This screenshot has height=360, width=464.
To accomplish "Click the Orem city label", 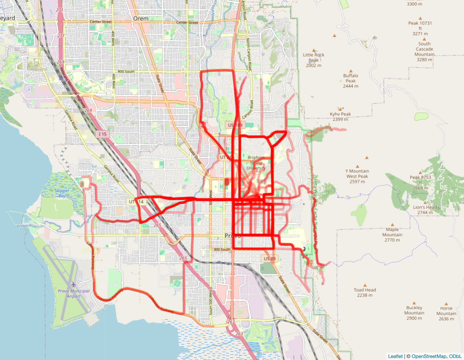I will coord(141,18).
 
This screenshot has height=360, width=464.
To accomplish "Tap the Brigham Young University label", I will coord(257,163).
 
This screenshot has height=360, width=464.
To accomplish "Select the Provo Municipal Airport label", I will coord(69,294).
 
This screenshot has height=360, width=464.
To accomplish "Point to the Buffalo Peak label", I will coord(351,81).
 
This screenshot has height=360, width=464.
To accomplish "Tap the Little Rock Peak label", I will coord(314,60).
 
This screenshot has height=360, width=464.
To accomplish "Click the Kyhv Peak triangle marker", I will coord(340,108).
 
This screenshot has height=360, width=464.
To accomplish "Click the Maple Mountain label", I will coord(392,235).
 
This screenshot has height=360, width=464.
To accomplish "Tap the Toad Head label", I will coord(365,292).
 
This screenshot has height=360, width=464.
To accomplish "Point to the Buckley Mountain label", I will coord(414,313).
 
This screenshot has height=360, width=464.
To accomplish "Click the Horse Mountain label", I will coord(446,313).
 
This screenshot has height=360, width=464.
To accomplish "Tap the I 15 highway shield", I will coord(102,134).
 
